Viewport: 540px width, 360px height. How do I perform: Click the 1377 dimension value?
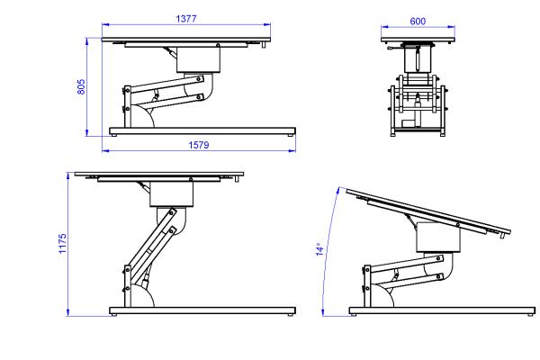(186, 19)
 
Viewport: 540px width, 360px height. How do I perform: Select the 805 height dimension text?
(81, 86)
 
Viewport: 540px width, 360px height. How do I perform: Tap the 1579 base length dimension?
(199, 145)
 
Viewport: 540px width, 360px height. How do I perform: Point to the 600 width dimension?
(418, 22)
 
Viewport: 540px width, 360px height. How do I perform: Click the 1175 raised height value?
(63, 244)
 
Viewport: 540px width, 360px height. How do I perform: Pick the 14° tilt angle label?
(319, 249)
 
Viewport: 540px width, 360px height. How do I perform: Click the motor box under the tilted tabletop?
(438, 238)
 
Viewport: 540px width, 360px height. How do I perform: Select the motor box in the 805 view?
(198, 60)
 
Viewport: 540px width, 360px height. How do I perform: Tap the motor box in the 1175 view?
(172, 194)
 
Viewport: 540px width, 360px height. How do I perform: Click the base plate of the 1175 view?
(202, 310)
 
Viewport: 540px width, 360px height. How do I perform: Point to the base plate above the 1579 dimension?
(202, 130)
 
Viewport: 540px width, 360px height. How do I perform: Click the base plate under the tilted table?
(442, 310)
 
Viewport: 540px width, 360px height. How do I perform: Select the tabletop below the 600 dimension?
(418, 40)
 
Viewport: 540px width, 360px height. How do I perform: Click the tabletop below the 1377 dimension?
(186, 40)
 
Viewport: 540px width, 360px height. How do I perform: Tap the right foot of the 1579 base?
(291, 135)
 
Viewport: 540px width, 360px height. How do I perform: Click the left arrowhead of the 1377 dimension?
(105, 24)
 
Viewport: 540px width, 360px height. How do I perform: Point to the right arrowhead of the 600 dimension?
(451, 26)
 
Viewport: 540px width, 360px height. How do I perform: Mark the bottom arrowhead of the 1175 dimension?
(68, 312)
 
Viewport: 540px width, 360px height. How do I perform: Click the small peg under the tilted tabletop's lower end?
(502, 236)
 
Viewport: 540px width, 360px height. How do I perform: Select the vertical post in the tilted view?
(368, 286)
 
